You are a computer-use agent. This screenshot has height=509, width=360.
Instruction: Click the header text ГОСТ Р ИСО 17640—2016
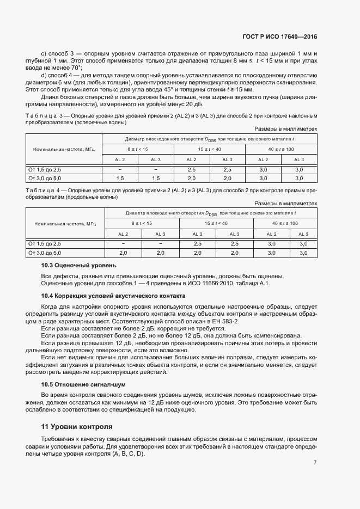coord(279,37)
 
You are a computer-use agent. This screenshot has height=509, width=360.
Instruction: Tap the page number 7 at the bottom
coord(315,463)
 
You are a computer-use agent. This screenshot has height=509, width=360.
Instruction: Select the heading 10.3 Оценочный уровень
coord(78,265)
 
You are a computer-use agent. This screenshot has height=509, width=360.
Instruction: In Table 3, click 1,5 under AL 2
coord(120,178)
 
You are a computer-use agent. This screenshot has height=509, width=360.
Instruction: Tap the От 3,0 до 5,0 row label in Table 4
coord(45,253)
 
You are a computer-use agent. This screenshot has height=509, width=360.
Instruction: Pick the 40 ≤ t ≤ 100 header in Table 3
coord(280,148)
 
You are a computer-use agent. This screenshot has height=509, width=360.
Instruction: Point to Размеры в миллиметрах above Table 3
coord(286,128)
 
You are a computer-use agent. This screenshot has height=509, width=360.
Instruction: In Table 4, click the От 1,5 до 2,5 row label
coord(45,243)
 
